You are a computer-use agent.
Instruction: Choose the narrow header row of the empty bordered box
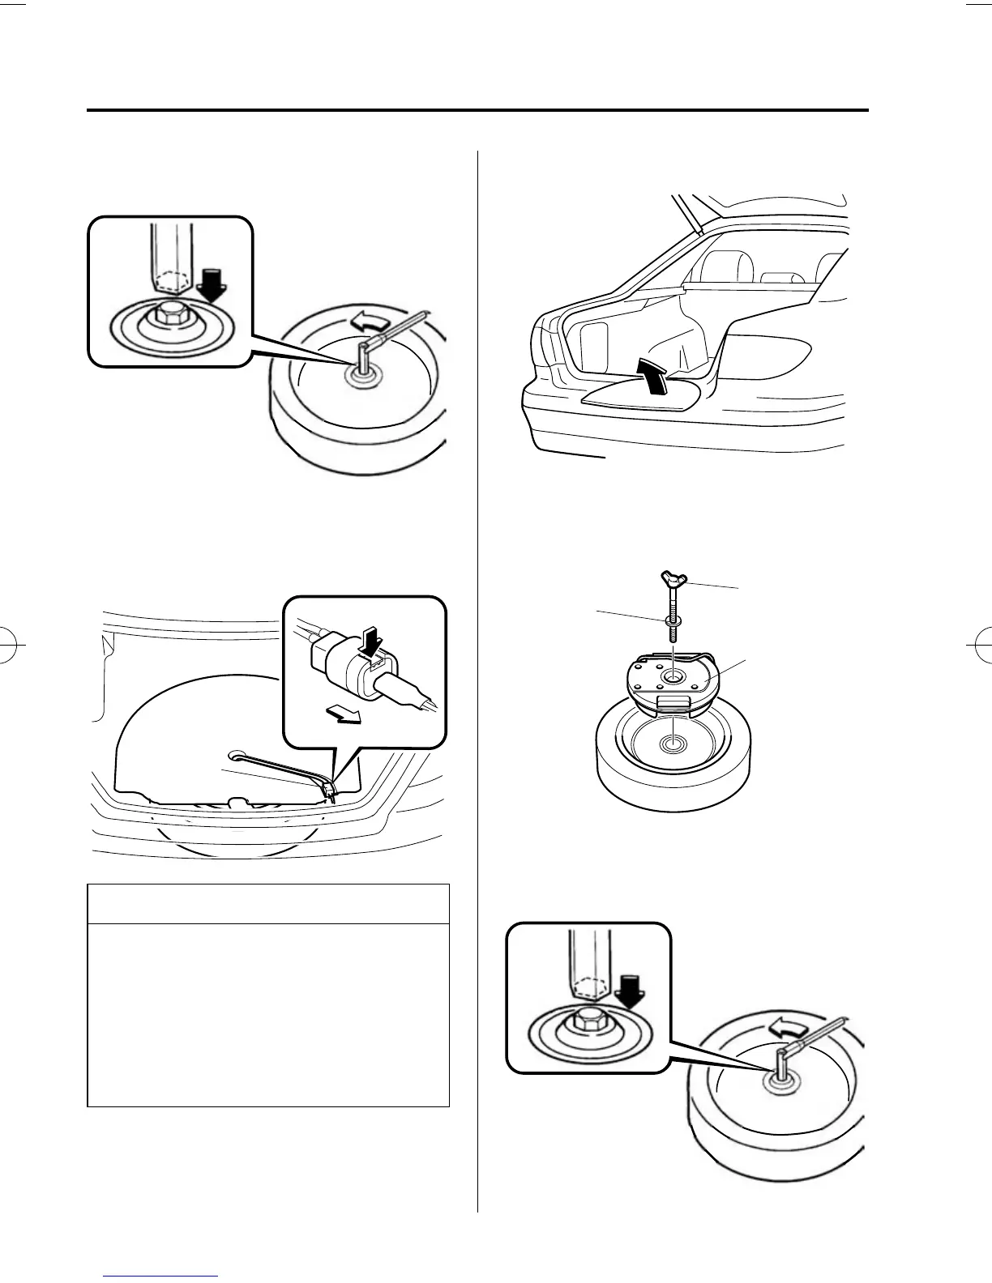pos(267,904)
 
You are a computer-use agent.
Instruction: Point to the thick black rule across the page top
pos(477,111)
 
